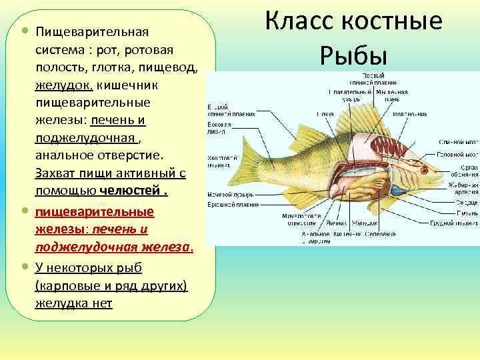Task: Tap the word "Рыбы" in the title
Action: click(353, 52)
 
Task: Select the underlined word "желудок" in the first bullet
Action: click(65, 86)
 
